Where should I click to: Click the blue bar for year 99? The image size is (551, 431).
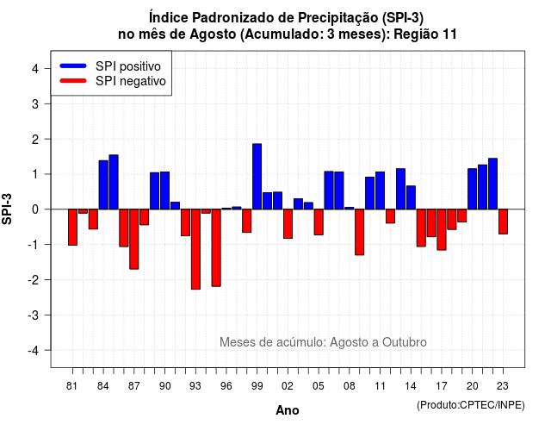coord(257,176)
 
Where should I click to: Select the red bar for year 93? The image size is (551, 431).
coord(195,249)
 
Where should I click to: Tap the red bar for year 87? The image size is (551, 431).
coord(134,240)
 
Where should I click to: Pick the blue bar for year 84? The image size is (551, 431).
coord(103,184)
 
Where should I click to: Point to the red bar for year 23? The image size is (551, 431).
coord(503,222)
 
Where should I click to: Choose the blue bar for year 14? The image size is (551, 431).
coord(411,197)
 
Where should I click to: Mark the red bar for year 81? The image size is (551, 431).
coord(72,228)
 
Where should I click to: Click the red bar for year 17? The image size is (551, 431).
coord(442,230)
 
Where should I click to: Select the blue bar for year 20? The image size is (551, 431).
coord(473,189)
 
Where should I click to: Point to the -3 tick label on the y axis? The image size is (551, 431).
coord(34,315)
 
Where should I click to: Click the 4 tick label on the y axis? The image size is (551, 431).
coord(35,69)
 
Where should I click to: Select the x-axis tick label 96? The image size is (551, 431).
coord(226,386)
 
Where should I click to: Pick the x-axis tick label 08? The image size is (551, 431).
coord(350,386)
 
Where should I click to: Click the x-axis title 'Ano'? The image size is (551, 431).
coord(288,410)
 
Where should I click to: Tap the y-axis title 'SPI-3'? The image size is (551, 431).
coord(7,209)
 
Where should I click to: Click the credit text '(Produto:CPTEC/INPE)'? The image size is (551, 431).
coord(471,405)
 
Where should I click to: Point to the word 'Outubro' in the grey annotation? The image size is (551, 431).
coord(405,342)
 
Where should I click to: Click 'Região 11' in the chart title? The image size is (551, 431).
coord(425,34)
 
